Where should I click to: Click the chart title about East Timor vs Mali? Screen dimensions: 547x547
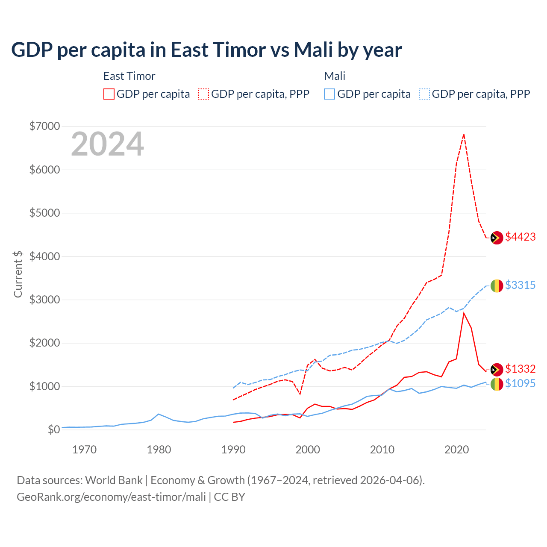(206, 50)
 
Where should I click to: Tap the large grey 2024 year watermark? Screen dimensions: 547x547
(107, 144)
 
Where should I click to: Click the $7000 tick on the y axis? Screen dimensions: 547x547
(44, 126)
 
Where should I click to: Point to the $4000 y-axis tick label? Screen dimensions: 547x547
(44, 256)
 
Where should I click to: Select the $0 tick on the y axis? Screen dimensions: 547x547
(53, 429)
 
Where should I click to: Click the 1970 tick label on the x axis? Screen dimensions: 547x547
(84, 450)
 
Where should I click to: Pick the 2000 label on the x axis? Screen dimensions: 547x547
(308, 450)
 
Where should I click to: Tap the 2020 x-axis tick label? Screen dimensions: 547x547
(456, 450)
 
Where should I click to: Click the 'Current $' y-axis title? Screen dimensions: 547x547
(18, 274)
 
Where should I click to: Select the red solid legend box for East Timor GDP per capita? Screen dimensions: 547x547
(109, 94)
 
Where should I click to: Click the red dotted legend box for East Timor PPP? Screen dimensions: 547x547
(203, 94)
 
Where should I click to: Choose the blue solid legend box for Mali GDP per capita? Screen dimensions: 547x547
(329, 94)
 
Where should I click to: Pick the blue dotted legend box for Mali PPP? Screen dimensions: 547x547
(424, 94)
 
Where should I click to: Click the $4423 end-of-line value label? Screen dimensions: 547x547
(520, 237)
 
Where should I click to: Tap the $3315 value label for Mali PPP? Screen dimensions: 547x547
(520, 285)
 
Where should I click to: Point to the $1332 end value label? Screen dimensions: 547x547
(520, 369)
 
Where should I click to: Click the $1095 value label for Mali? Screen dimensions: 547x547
(520, 383)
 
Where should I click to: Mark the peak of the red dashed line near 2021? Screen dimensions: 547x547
(464, 135)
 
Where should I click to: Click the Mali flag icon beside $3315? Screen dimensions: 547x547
(497, 285)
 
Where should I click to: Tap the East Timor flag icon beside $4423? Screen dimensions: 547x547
(497, 238)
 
